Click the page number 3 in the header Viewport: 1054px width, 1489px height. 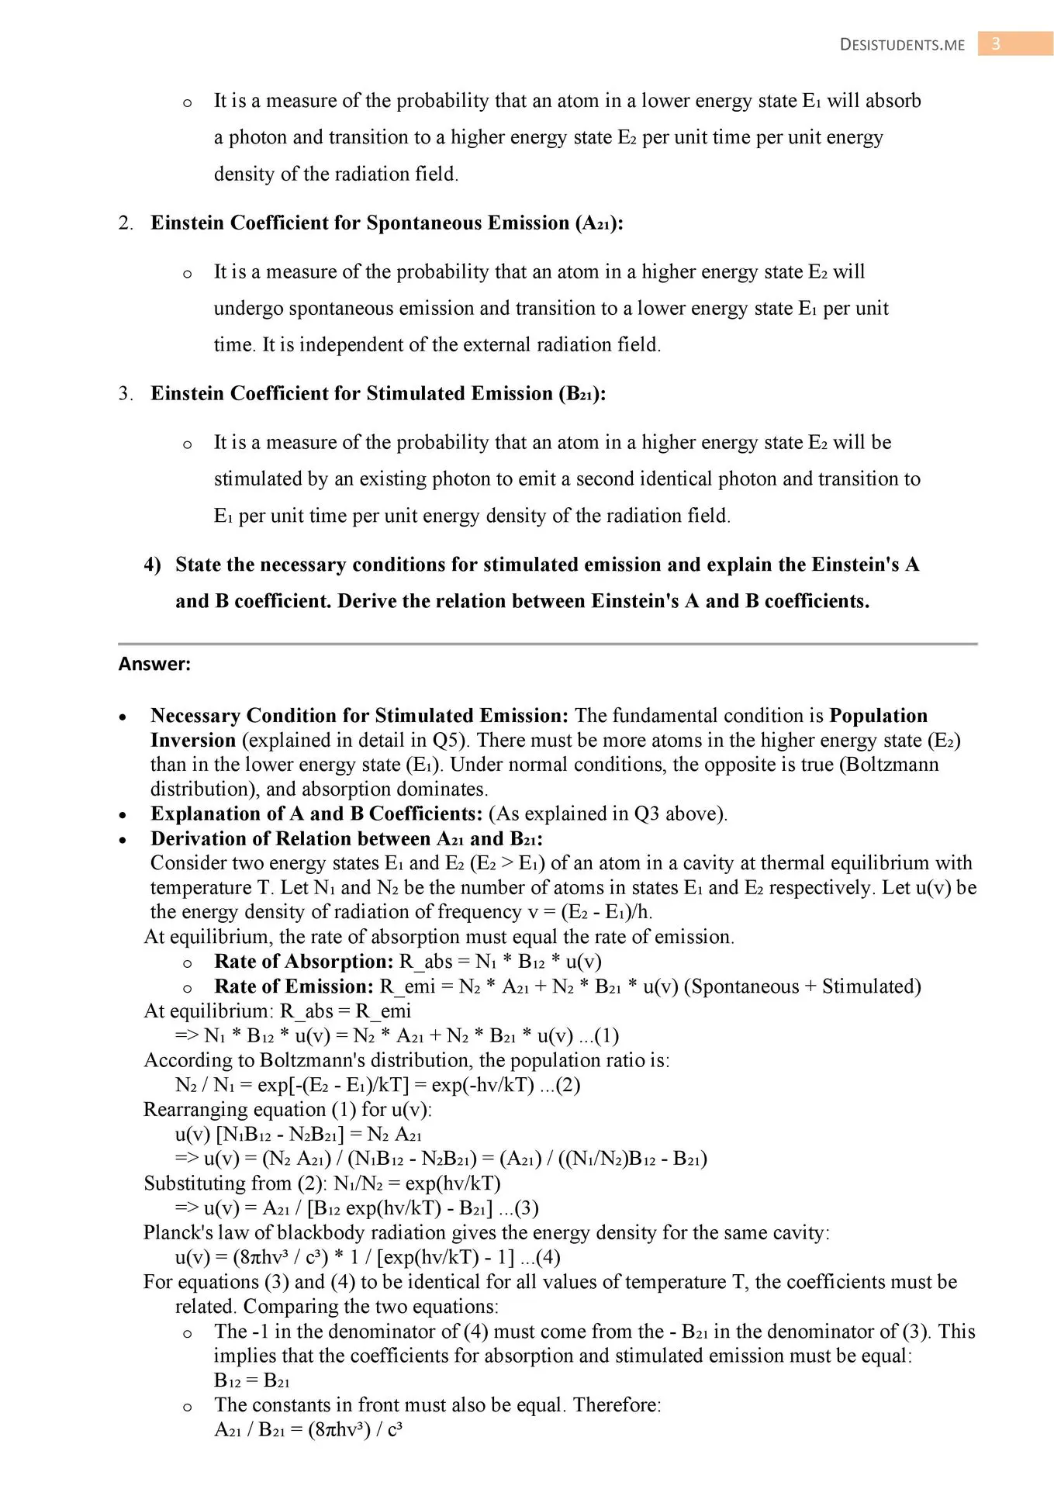[x=996, y=43]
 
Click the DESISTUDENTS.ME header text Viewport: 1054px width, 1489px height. [x=902, y=45]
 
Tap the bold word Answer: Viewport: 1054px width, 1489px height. [x=154, y=664]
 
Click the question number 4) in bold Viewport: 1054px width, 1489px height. [x=152, y=565]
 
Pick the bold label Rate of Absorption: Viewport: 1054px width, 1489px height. [x=304, y=962]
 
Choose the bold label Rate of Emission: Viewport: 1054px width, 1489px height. [x=294, y=986]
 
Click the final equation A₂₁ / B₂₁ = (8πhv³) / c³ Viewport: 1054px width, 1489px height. [x=308, y=1429]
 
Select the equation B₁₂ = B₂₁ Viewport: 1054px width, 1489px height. [x=252, y=1380]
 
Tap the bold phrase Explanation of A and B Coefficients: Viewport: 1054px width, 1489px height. [x=316, y=814]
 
